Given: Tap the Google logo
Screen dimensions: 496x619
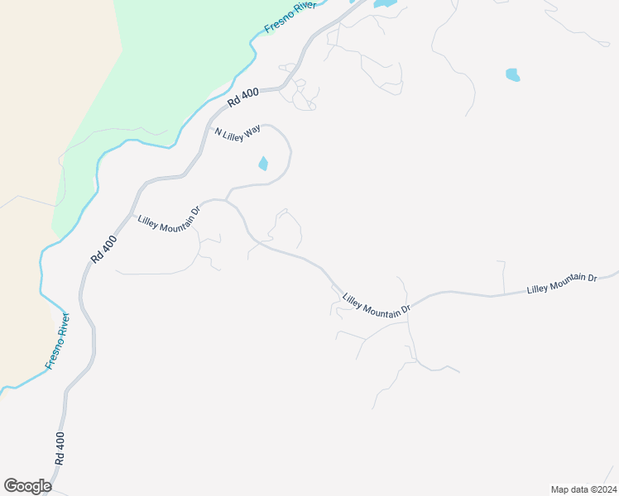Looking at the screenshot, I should click(x=27, y=486).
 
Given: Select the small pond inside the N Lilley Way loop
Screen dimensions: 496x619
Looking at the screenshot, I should click(x=263, y=164).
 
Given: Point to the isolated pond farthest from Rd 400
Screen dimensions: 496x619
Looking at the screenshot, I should click(x=513, y=75).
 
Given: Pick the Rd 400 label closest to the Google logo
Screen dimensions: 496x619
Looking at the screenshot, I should click(x=60, y=451).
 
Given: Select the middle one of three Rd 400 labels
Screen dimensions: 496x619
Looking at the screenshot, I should click(x=104, y=249).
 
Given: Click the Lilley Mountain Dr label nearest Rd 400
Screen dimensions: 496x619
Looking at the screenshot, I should click(x=170, y=215).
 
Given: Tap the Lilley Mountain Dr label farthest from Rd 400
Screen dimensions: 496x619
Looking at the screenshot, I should click(x=562, y=283).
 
